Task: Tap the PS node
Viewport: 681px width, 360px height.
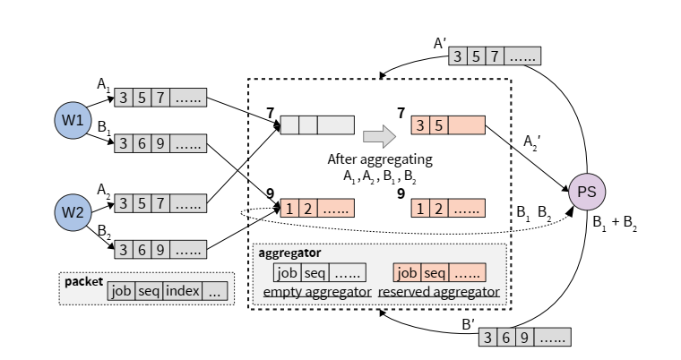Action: click(587, 191)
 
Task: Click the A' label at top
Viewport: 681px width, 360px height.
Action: click(441, 42)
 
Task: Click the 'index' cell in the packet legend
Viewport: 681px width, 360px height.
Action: click(182, 291)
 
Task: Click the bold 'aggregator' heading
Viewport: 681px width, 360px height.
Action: click(289, 253)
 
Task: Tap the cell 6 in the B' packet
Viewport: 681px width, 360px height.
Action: click(505, 338)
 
